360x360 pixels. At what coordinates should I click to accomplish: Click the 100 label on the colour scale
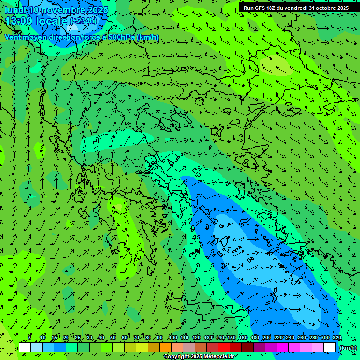pyautogui.click(x=173, y=338)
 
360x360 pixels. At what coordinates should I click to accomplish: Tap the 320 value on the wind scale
pyautogui.click(x=337, y=338)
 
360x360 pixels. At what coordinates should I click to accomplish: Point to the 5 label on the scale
pyautogui.click(x=30, y=338)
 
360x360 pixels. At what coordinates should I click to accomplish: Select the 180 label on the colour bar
pyautogui.click(x=255, y=338)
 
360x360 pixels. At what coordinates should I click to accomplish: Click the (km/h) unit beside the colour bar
pyautogui.click(x=347, y=348)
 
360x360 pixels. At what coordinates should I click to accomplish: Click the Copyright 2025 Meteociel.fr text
pyautogui.click(x=199, y=357)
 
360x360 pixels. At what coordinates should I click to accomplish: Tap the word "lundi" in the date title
pyautogui.click(x=15, y=10)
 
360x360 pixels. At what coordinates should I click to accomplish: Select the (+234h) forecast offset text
pyautogui.click(x=83, y=21)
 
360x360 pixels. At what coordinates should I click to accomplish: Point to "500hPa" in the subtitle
pyautogui.click(x=121, y=37)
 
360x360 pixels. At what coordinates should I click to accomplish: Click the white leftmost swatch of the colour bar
pyautogui.click(x=25, y=347)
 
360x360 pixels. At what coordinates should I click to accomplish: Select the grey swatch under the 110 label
pyautogui.click(x=189, y=347)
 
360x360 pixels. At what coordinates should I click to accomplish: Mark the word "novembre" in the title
pyautogui.click(x=60, y=10)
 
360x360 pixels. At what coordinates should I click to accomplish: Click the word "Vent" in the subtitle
pyautogui.click(x=14, y=37)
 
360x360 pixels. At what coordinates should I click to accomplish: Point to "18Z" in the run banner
pyautogui.click(x=276, y=8)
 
